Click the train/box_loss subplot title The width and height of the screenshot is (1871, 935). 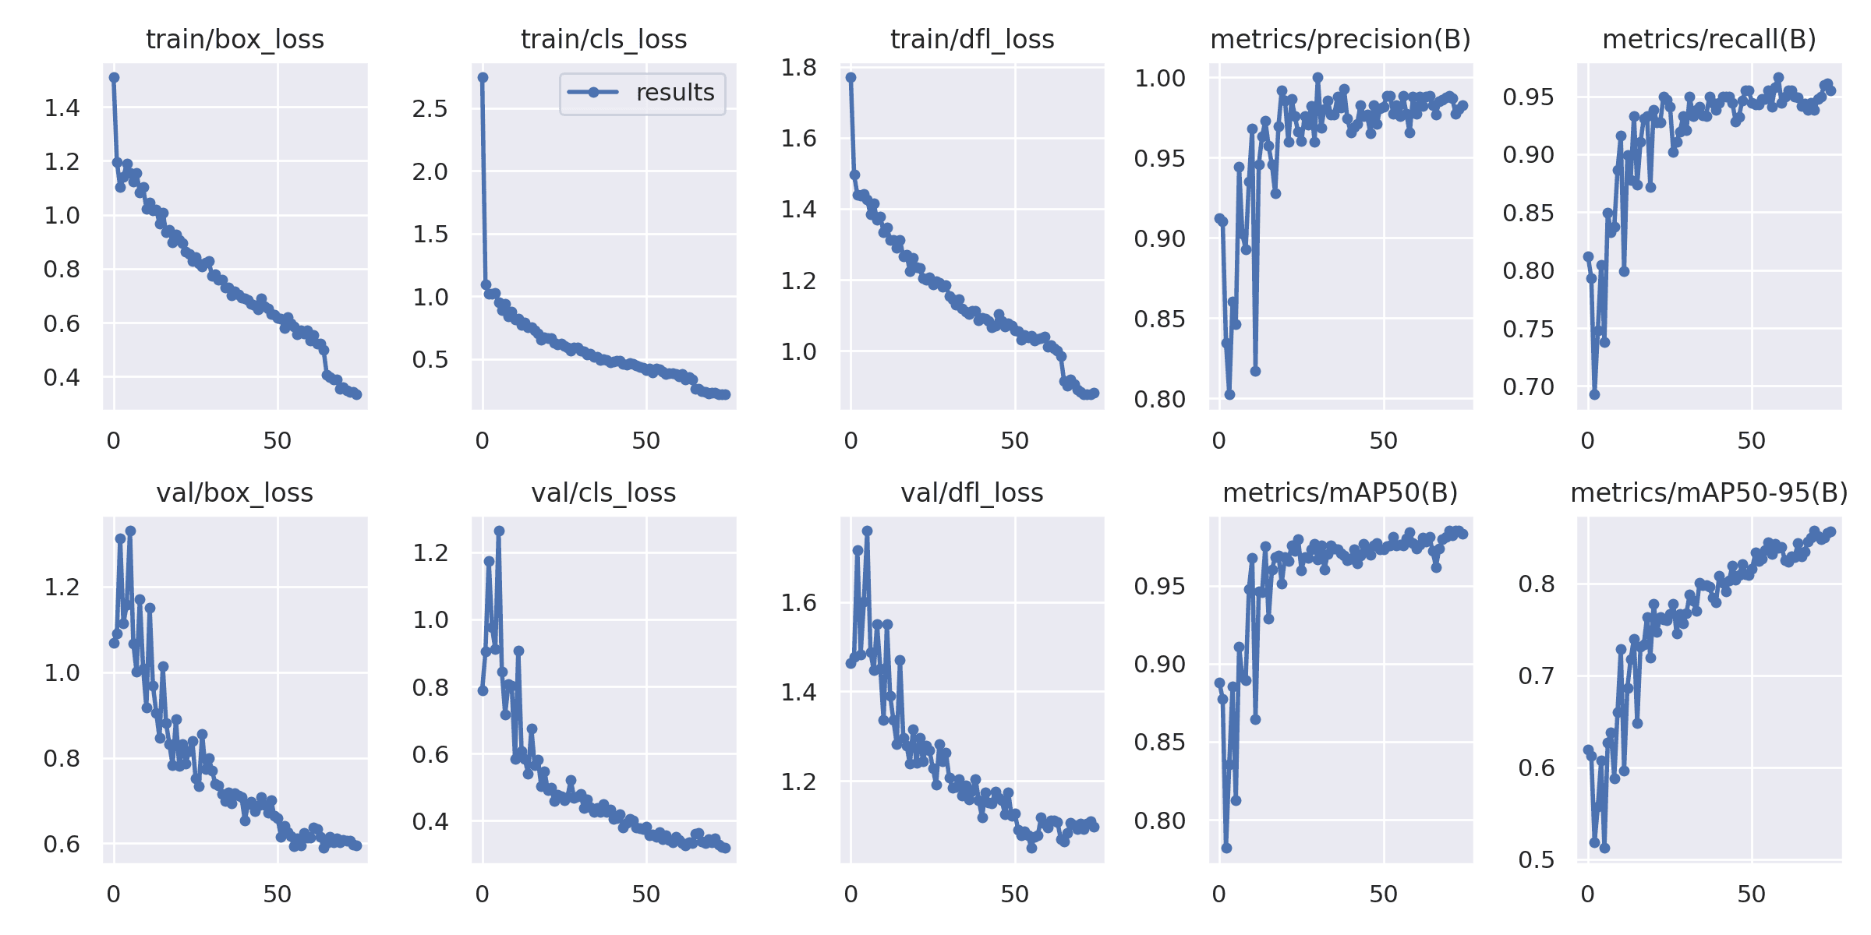click(235, 40)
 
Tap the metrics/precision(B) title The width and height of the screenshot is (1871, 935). click(1340, 40)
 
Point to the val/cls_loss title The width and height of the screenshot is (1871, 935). click(603, 493)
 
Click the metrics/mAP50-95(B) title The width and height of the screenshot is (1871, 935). click(1709, 493)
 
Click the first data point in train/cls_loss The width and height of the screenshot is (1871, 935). click(483, 77)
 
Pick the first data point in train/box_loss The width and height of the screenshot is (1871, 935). click(114, 77)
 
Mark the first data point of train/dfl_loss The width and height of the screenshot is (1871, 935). click(851, 77)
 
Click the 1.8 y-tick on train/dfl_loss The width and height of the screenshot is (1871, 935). click(798, 68)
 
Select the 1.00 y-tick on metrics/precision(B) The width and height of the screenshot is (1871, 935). click(1159, 79)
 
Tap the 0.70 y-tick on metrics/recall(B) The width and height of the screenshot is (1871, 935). click(1528, 386)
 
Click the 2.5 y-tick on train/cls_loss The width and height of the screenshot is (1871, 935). click(430, 108)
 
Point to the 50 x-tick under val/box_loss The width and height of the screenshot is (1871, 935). click(277, 894)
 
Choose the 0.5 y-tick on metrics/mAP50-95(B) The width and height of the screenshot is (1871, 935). click(1536, 859)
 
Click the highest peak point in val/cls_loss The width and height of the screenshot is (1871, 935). click(499, 531)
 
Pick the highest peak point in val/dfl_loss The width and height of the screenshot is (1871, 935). click(867, 531)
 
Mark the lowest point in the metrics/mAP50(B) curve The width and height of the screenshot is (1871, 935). click(1226, 848)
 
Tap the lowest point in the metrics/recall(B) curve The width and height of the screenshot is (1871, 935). click(1594, 394)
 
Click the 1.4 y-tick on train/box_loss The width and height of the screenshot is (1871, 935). click(62, 108)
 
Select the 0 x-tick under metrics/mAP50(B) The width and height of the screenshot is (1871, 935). click(1219, 894)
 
